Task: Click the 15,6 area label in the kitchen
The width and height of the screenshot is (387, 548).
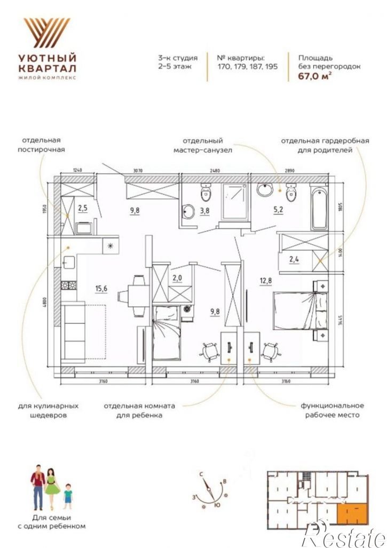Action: tap(101, 288)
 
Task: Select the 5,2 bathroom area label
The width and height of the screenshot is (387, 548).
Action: tap(278, 210)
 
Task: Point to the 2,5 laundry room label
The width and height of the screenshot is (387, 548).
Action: tap(83, 209)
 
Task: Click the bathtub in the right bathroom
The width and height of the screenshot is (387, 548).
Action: tap(319, 208)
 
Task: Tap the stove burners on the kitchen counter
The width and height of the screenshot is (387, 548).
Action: tap(68, 285)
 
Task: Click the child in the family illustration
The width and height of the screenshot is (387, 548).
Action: tap(68, 496)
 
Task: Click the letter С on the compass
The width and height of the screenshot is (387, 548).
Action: tap(201, 474)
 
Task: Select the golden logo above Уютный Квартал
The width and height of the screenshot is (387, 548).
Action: tap(47, 33)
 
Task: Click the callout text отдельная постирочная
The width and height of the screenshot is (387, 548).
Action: tap(41, 145)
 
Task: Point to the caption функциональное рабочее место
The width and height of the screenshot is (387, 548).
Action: tap(332, 410)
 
